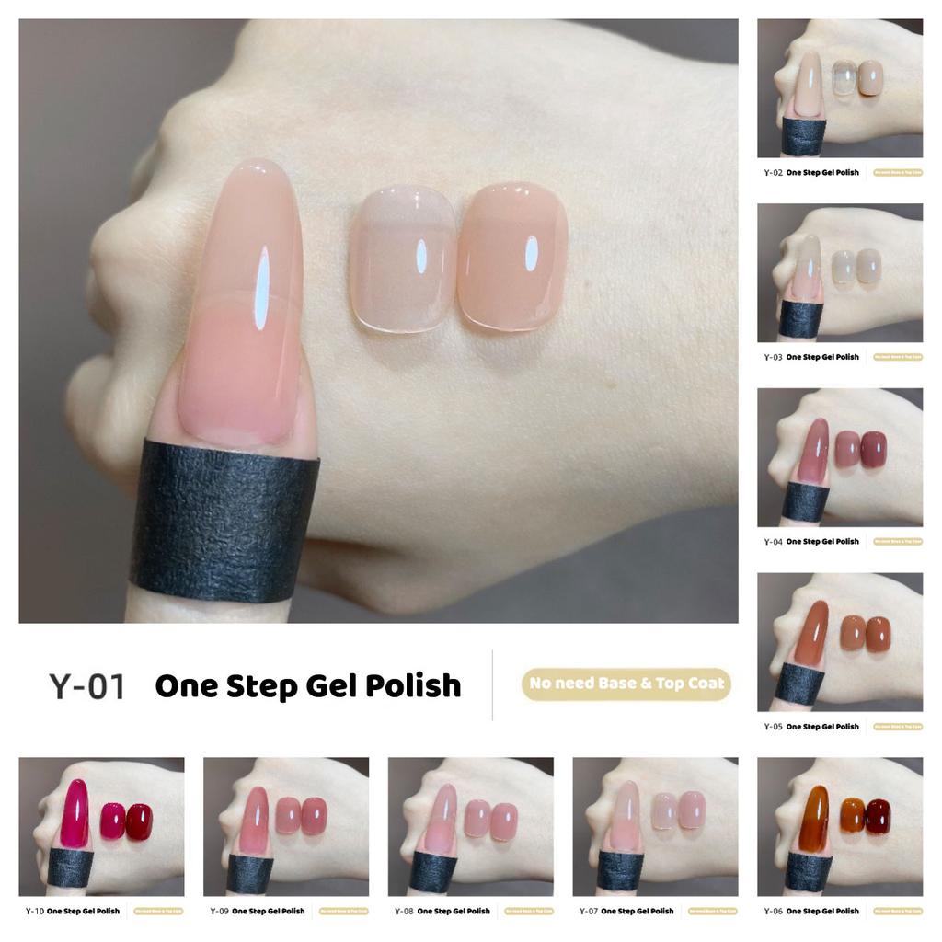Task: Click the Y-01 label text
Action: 86,686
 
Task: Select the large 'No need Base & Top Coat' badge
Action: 626,684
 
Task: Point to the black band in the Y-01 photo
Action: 224,523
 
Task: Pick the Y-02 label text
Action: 773,173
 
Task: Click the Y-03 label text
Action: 773,358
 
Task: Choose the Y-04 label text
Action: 773,543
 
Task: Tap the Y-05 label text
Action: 773,727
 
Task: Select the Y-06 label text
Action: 773,912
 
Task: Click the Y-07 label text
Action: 588,912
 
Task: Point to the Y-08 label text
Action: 403,912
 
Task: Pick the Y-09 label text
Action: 219,912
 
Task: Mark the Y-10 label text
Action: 34,912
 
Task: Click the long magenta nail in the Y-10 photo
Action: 75,814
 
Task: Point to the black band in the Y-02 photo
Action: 803,137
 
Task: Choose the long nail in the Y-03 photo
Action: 807,267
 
